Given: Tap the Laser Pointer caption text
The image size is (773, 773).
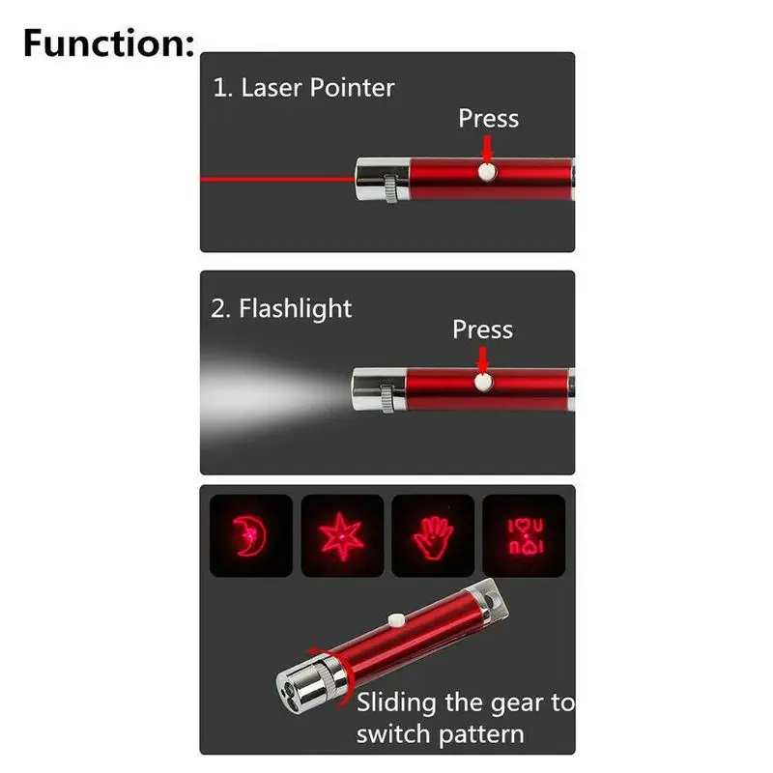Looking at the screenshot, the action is click(303, 88).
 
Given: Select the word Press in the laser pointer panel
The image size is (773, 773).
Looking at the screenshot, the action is click(488, 118).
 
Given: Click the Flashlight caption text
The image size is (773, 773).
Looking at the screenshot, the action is click(281, 309).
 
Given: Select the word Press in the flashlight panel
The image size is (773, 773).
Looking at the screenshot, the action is click(482, 329).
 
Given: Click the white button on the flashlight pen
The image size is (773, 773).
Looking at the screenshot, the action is click(481, 383).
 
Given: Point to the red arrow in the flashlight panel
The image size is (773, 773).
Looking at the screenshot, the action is click(481, 359).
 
